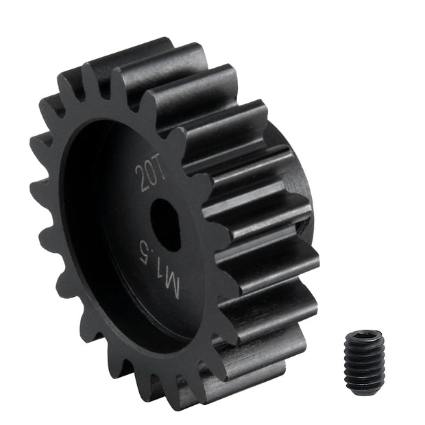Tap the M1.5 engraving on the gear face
pos(159,268)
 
